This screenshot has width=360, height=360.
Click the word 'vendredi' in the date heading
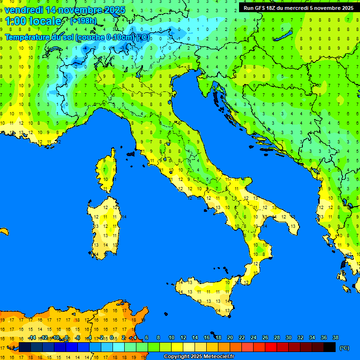tap(23, 9)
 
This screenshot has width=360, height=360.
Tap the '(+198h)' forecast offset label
tap(83, 21)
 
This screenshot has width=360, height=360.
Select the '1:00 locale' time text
tap(33, 21)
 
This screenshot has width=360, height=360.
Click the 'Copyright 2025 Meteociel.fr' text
tap(198, 356)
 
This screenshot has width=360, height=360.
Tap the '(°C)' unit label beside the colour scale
tap(344, 348)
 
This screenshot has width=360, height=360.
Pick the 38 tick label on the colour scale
tap(335, 337)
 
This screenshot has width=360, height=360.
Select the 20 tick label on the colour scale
tap(230, 337)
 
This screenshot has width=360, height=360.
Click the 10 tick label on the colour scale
tap(171, 337)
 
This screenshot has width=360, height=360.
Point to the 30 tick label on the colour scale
tap(288, 337)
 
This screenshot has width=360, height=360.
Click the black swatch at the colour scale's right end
tap(330, 347)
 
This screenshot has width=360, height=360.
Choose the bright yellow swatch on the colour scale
tap(177, 347)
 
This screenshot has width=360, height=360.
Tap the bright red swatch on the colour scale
tap(271, 347)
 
